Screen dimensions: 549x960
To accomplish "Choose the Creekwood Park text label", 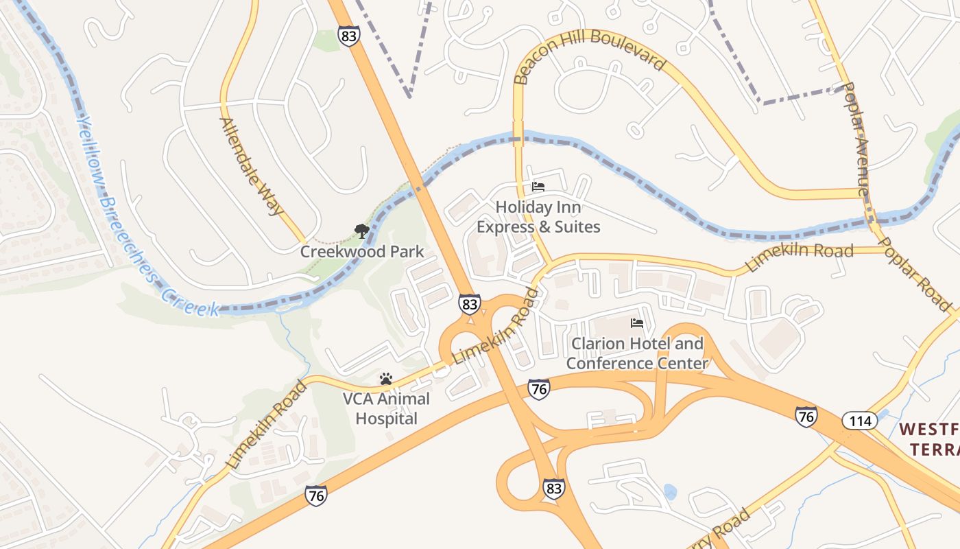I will (362, 252).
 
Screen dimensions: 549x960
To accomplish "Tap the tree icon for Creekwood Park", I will (361, 231).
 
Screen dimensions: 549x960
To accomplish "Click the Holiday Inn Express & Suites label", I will (538, 217).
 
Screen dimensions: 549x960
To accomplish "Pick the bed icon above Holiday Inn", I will (538, 187).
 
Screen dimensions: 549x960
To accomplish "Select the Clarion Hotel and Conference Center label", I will (636, 353).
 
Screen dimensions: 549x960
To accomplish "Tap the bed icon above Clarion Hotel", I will (637, 323).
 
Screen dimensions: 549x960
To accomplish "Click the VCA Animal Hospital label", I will (386, 408).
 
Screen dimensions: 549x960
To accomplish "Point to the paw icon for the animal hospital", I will (385, 378).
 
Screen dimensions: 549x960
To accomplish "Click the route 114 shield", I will (860, 420).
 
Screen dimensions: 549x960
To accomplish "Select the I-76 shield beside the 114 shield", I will (806, 416).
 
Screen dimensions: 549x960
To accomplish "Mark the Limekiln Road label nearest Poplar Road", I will (800, 257).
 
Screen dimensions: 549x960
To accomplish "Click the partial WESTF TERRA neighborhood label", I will (928, 439).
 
